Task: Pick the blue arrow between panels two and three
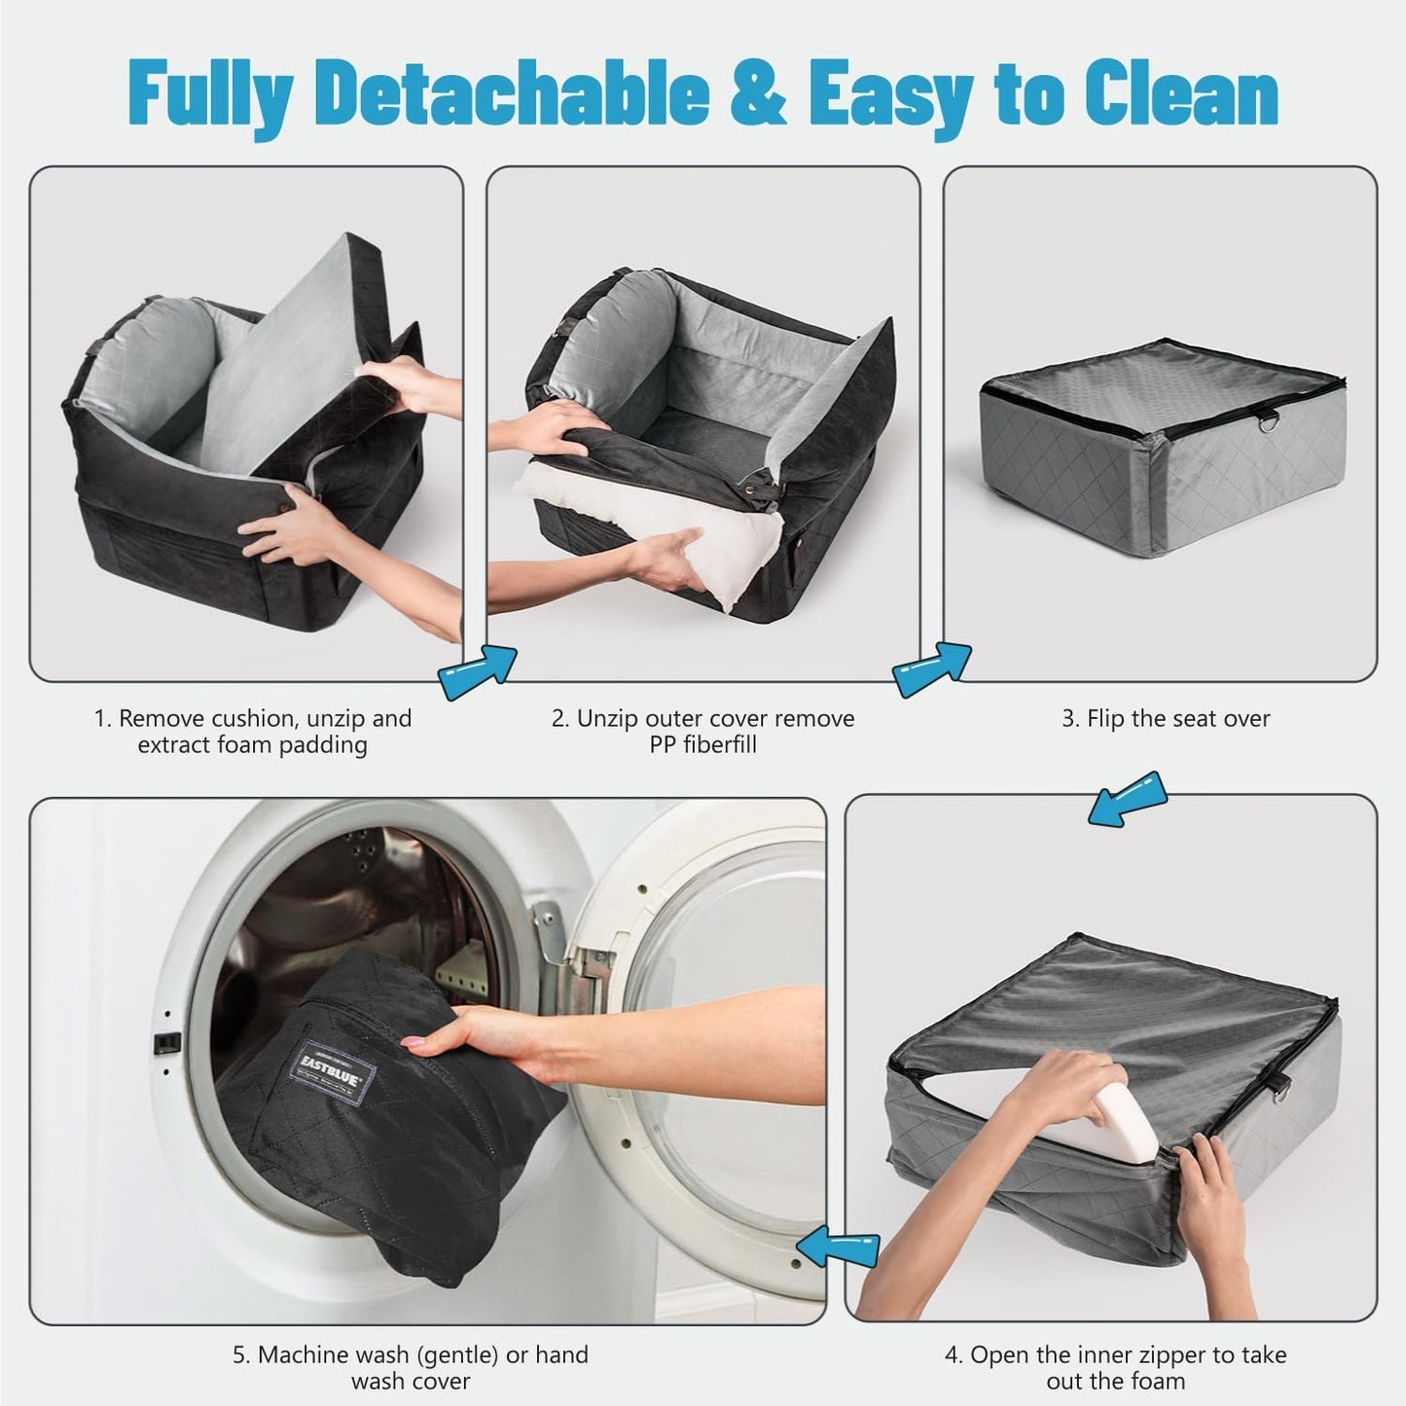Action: pyautogui.click(x=932, y=668)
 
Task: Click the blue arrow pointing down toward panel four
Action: pyautogui.click(x=1128, y=799)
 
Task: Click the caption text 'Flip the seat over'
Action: pyautogui.click(x=1166, y=719)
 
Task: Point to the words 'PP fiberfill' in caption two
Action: pyautogui.click(x=703, y=745)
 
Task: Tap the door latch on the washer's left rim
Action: pyautogui.click(x=166, y=1042)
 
